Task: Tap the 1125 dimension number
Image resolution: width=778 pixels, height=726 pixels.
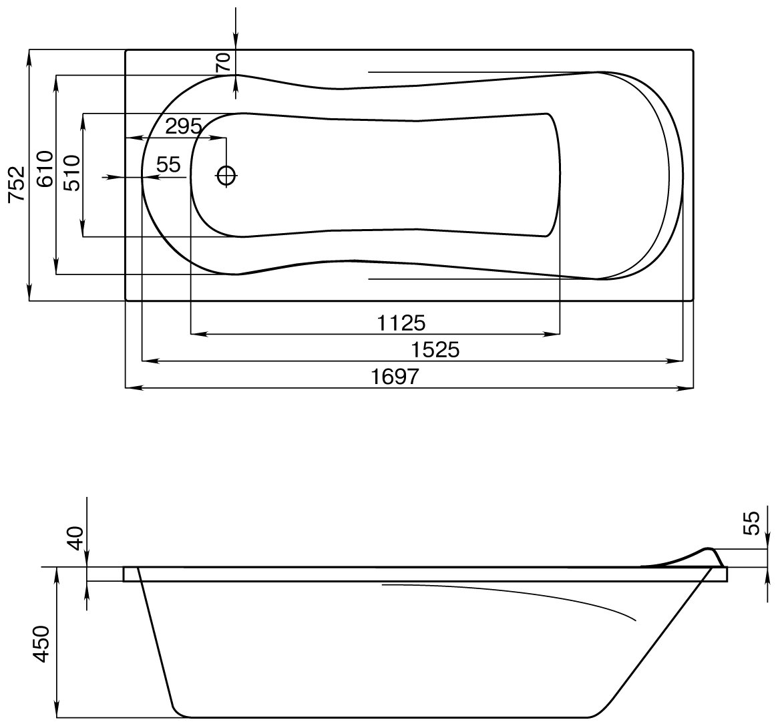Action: pos(401,323)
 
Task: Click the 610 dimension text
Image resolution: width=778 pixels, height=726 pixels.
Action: pos(45,169)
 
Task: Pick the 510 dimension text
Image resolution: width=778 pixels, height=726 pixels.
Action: pos(71,173)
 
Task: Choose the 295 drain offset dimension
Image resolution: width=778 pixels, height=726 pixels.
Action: pos(183,127)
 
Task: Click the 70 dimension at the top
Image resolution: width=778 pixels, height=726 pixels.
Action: pos(224,62)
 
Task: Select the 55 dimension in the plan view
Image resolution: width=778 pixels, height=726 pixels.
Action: pos(168,165)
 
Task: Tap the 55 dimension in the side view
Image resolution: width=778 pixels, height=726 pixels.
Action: pos(752,523)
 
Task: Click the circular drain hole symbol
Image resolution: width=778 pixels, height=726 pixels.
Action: pos(226,176)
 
